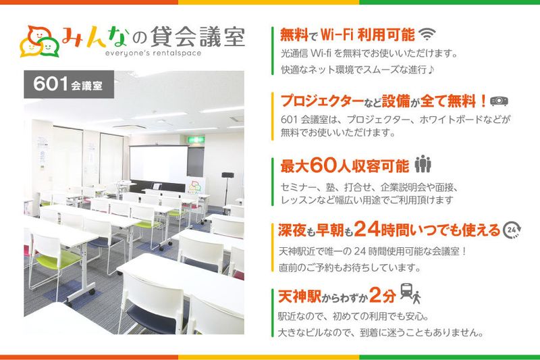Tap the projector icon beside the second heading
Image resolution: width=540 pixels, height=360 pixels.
(499, 101)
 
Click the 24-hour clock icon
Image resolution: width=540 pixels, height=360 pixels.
(512, 230)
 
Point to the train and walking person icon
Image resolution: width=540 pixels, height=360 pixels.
(410, 294)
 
